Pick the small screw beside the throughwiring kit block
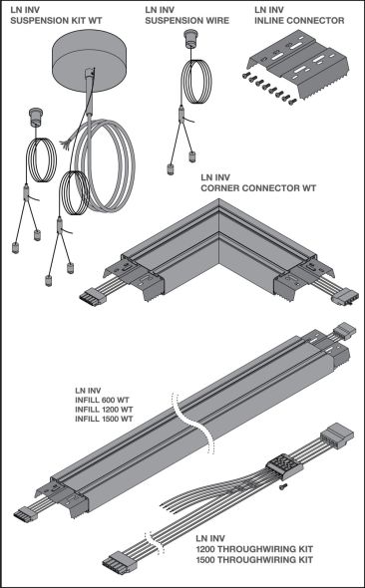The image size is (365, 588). (283, 487)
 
